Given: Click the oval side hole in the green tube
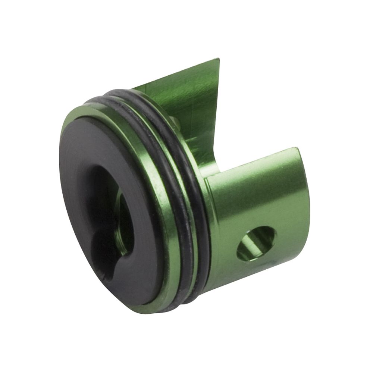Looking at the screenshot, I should (x=256, y=243).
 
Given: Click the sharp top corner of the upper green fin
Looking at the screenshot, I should (x=218, y=60).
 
